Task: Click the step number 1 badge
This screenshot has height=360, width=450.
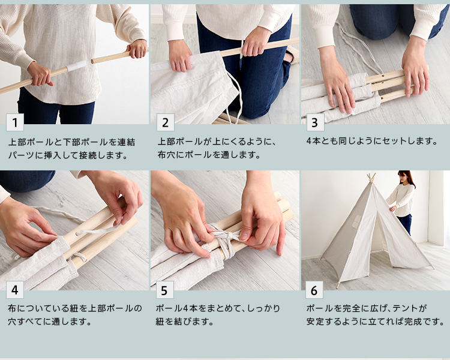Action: [15, 122]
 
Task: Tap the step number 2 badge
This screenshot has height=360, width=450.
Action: [166, 122]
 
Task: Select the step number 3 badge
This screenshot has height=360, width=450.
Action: [315, 122]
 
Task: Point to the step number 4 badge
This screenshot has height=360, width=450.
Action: [15, 290]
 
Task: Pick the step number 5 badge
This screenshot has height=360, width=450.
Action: [165, 290]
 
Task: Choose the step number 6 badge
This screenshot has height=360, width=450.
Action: [314, 290]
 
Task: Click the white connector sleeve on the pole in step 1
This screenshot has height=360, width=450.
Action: [76, 65]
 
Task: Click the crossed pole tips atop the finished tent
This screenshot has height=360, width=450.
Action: [371, 177]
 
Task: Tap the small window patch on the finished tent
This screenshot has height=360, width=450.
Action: [356, 221]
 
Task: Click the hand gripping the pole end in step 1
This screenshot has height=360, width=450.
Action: [138, 49]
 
